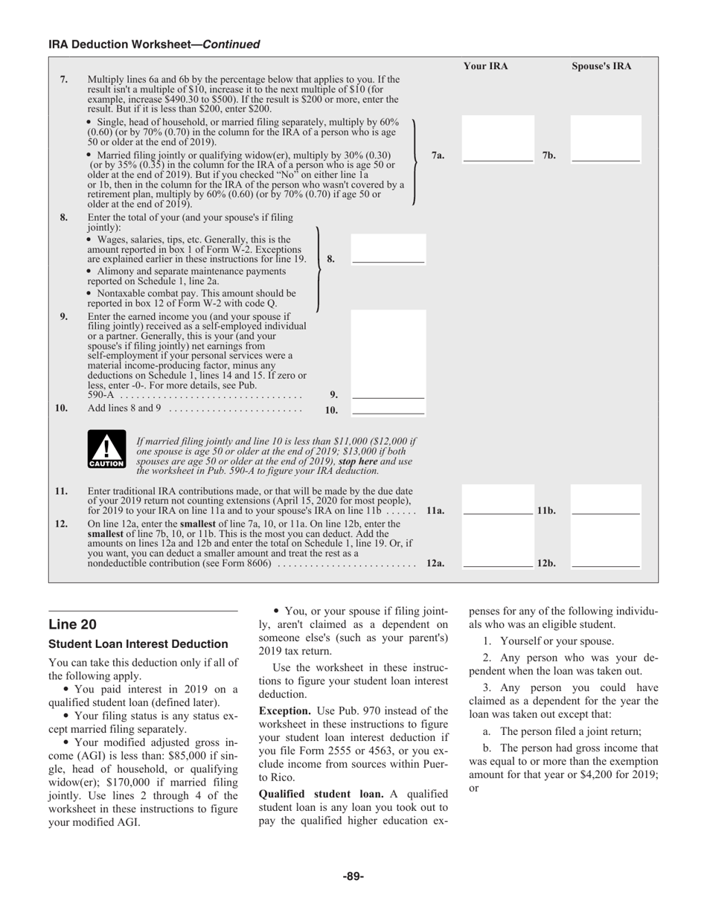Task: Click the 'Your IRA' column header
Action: click(x=485, y=66)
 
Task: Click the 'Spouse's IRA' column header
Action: click(x=601, y=66)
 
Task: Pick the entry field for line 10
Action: click(x=388, y=408)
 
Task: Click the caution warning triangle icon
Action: click(x=106, y=450)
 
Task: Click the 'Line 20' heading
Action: click(x=72, y=624)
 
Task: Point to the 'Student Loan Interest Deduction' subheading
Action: click(x=138, y=644)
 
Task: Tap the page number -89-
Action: click(x=353, y=876)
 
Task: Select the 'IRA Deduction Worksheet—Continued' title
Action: click(x=154, y=45)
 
